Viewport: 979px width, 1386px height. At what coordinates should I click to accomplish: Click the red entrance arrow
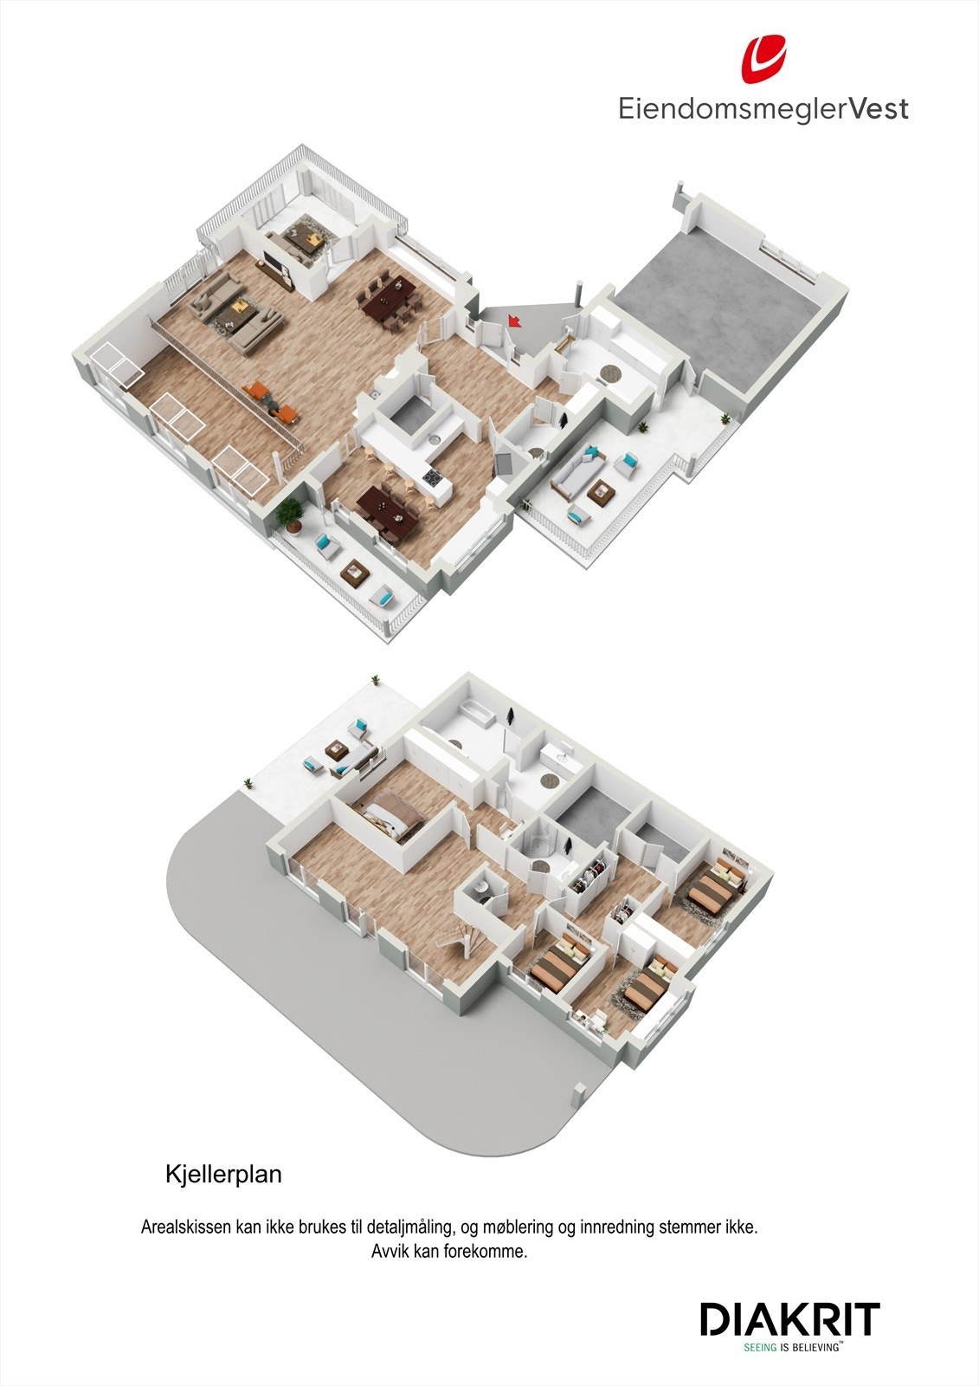tap(514, 321)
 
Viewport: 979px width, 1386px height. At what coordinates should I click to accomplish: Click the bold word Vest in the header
tap(877, 109)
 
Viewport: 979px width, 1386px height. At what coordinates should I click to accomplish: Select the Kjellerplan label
tap(223, 1176)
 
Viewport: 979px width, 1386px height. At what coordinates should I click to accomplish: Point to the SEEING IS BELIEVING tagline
tap(793, 1348)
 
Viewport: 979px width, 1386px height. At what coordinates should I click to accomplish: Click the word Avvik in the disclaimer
tap(390, 1251)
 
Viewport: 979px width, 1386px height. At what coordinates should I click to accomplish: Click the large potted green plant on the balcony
tap(289, 514)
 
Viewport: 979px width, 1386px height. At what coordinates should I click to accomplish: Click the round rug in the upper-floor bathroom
tap(611, 373)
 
